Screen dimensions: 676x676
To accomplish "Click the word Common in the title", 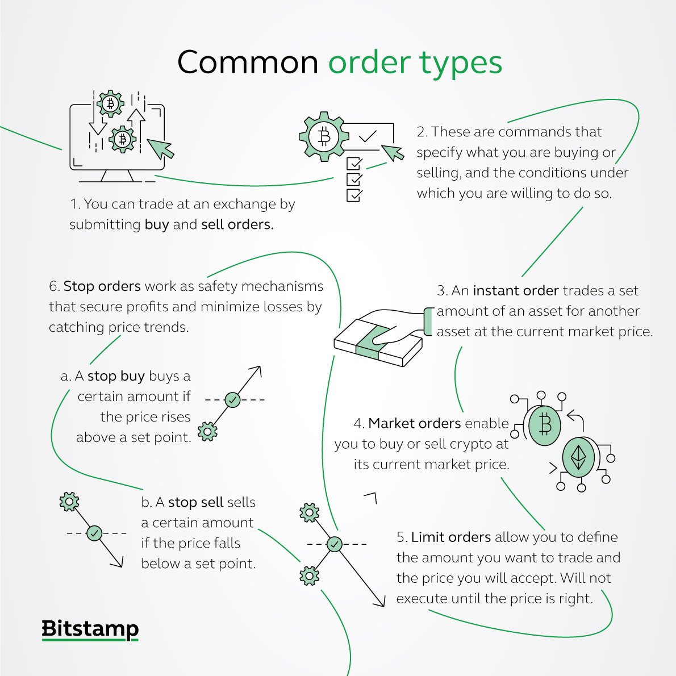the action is click(x=248, y=62).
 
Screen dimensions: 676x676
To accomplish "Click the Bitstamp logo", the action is click(x=90, y=629).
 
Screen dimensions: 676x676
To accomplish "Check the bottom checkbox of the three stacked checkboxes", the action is click(x=354, y=195).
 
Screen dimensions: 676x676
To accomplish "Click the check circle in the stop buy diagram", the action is click(x=232, y=400).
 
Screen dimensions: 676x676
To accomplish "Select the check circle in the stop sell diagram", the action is click(x=94, y=533).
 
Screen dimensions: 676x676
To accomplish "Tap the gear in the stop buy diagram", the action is click(x=207, y=432).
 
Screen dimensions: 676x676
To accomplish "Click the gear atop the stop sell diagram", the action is click(x=69, y=502).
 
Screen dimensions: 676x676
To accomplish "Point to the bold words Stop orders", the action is click(x=102, y=286).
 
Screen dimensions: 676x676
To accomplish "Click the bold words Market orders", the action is click(x=415, y=423).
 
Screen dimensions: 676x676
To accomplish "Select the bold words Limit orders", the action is click(x=451, y=537).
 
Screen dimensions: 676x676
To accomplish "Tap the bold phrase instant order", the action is click(x=516, y=290).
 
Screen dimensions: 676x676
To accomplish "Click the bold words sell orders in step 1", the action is click(x=237, y=224).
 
